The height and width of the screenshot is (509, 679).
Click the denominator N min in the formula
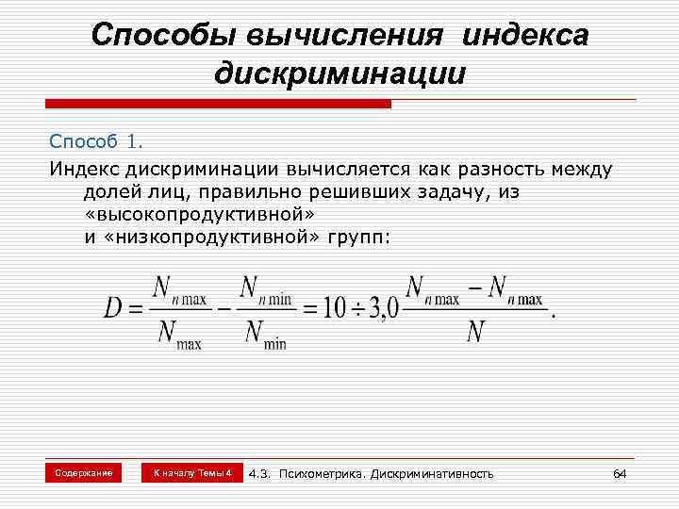(263, 334)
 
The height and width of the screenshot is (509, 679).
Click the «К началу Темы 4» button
(192, 472)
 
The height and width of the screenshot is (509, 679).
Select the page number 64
(620, 472)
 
